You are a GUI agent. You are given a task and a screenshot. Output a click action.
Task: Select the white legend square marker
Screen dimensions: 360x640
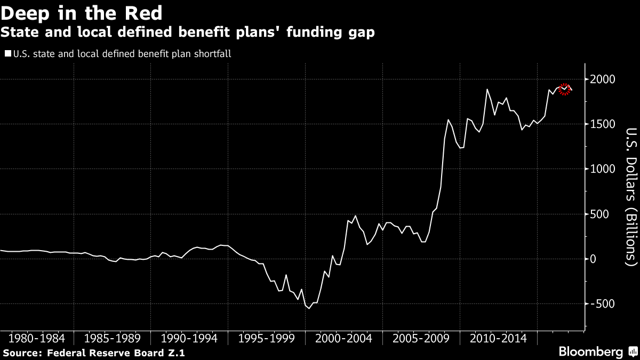[x=7, y=54]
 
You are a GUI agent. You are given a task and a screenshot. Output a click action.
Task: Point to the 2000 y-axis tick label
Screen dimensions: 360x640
[x=603, y=79]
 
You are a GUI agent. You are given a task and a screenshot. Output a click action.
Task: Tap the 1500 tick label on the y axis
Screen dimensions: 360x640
[x=603, y=124]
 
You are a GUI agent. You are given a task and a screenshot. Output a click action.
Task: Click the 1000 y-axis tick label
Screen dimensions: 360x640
[x=603, y=169]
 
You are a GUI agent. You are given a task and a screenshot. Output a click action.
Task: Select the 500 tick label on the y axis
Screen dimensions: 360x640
[x=600, y=214]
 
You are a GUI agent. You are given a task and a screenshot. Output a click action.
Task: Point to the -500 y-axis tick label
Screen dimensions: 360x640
[x=602, y=303]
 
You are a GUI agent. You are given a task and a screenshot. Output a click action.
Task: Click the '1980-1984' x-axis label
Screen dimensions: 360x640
[x=37, y=338]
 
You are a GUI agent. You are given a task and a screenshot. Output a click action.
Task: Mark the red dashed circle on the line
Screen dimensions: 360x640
[x=564, y=89]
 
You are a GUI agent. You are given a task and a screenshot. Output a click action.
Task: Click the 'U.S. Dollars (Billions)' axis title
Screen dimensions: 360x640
[x=631, y=196]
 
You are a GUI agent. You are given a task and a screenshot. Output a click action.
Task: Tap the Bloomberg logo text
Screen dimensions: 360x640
[x=590, y=352]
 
